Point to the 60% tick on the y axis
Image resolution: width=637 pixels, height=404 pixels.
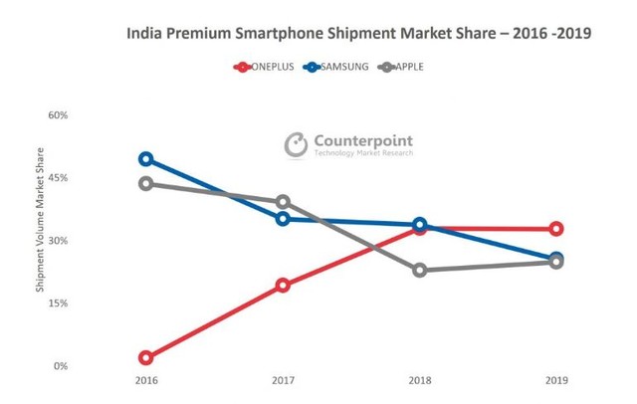tap(58, 115)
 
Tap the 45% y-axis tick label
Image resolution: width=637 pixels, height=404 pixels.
tap(58, 178)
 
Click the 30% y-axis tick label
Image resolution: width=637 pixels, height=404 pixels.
tap(58, 241)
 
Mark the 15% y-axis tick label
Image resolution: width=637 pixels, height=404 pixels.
tap(58, 303)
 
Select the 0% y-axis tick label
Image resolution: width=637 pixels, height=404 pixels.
tap(60, 366)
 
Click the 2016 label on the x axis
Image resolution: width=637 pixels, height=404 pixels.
tap(146, 381)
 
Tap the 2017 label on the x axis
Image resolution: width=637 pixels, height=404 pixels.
tap(283, 381)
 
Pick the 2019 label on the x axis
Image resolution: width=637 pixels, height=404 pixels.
tap(556, 381)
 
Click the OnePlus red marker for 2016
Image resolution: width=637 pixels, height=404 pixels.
tap(146, 357)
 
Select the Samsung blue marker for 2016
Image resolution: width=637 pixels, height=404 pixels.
tap(146, 159)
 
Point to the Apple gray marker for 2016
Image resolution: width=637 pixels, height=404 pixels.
tap(146, 183)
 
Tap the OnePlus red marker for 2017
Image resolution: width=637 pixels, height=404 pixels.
tap(283, 286)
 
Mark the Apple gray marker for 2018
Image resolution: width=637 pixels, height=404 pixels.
tap(420, 270)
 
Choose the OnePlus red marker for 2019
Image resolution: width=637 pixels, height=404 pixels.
tap(556, 229)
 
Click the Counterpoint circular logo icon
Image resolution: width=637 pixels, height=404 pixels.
tap(296, 145)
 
